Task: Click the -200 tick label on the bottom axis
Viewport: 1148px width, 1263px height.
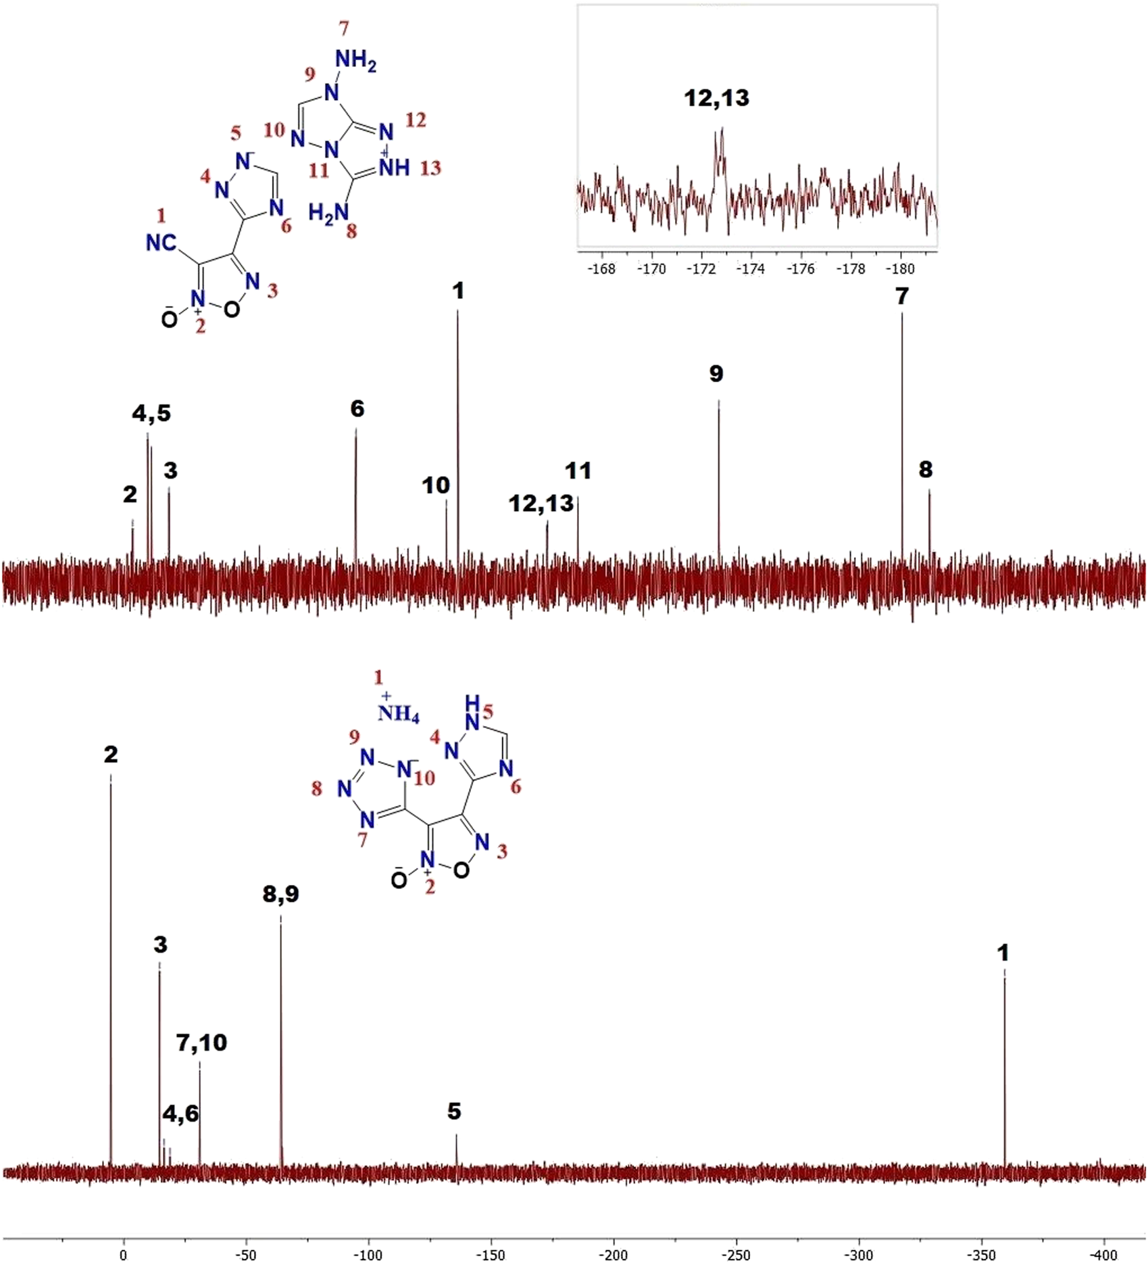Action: tap(614, 1255)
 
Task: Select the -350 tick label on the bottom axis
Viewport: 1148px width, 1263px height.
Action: tap(981, 1255)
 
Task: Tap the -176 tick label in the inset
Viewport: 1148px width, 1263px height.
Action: tap(801, 269)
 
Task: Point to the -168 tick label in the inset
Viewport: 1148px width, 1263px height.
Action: tap(601, 269)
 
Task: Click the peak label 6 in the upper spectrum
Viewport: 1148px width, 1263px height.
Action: tap(357, 408)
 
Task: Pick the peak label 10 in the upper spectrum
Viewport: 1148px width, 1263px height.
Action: tap(436, 485)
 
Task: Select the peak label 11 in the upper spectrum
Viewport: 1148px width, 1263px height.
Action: tap(578, 471)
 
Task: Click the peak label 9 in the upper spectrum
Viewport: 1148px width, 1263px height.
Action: tap(716, 373)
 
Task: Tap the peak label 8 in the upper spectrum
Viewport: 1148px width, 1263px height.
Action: tap(926, 469)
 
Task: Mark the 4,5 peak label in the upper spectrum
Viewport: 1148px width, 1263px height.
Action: tap(151, 413)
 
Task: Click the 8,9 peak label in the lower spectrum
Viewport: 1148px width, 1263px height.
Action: tap(280, 895)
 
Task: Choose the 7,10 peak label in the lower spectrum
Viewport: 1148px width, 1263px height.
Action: tap(201, 1043)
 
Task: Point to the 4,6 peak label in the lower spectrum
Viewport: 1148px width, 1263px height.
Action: tap(181, 1114)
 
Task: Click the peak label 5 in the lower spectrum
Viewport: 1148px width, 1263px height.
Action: tap(454, 1111)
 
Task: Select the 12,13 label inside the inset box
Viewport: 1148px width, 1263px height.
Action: tap(716, 99)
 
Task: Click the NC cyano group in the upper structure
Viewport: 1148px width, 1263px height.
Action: tap(161, 243)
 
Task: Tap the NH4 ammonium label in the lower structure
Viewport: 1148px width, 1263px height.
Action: tap(398, 713)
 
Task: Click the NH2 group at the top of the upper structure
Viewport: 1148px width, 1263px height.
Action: tap(355, 60)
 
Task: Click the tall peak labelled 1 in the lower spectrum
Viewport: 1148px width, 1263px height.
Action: tap(1004, 1068)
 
